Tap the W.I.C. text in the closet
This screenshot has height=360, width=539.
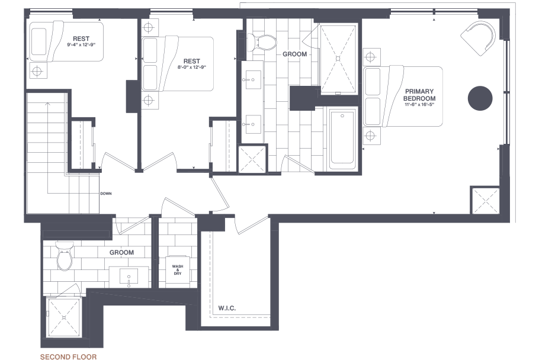click(227, 308)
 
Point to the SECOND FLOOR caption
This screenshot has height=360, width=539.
click(68, 357)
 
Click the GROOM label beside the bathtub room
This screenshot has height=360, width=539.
click(294, 54)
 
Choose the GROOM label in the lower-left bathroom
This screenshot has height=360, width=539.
click(121, 252)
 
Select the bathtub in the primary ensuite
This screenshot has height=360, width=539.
click(342, 137)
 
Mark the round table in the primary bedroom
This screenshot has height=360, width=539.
click(480, 98)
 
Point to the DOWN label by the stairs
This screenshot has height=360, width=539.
click(106, 194)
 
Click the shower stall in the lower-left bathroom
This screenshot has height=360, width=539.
click(63, 319)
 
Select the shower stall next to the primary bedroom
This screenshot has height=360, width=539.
click(338, 58)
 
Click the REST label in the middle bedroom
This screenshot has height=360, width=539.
click(191, 61)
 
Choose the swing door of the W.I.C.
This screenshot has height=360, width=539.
click(252, 224)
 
